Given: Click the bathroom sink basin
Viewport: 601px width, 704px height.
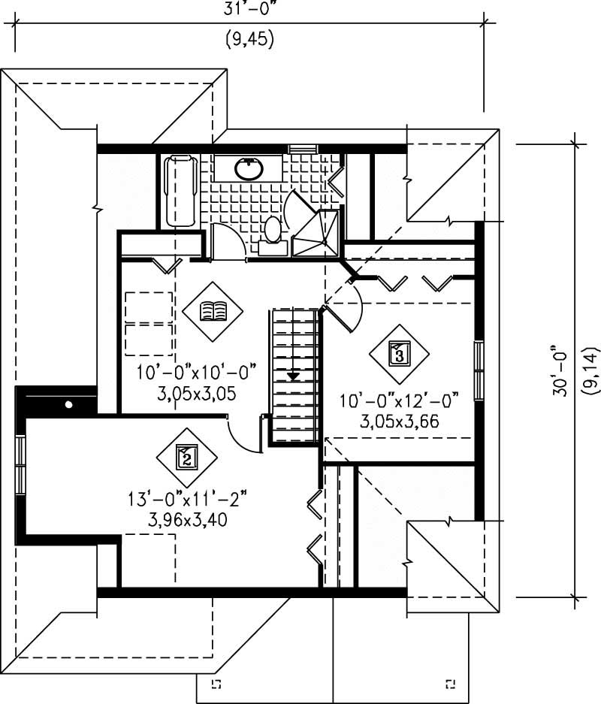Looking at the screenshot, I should pyautogui.click(x=249, y=169).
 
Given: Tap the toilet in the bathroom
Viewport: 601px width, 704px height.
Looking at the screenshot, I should pyautogui.click(x=272, y=230).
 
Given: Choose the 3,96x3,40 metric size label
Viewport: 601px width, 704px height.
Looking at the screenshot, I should pyautogui.click(x=188, y=518).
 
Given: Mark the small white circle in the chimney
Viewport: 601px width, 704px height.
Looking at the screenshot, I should pyautogui.click(x=69, y=405).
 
